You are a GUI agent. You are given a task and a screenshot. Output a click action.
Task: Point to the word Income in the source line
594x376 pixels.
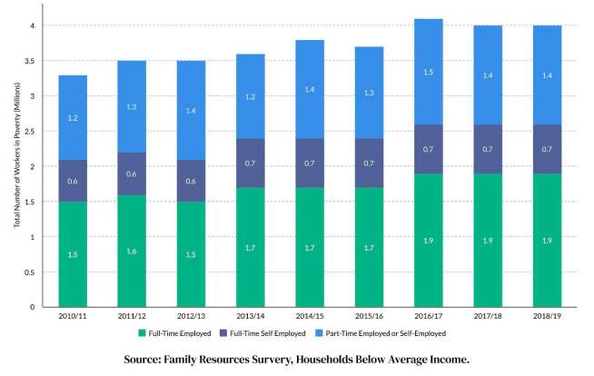click(x=445, y=360)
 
